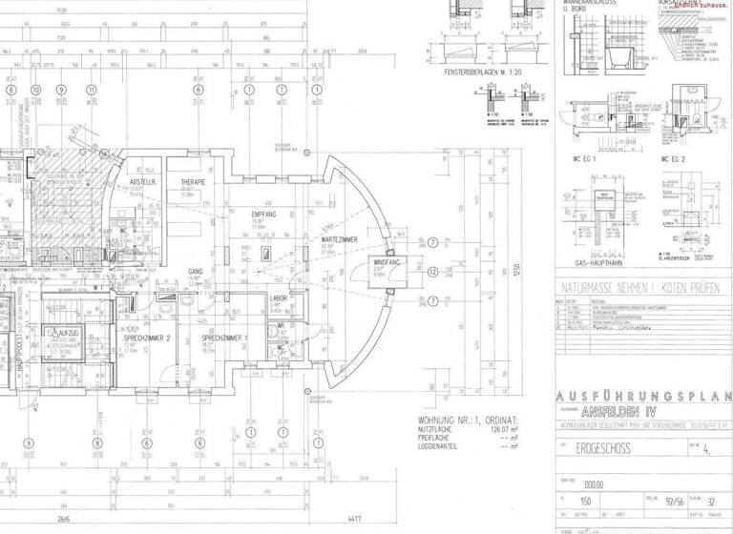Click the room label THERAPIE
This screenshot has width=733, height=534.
point(194,181)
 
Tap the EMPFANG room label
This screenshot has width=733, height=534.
point(264,215)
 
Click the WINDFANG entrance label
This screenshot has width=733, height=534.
point(385,261)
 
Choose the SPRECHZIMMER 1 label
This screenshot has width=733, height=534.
point(226,338)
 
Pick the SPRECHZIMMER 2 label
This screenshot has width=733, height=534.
point(147,338)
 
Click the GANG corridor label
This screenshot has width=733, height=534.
point(196,271)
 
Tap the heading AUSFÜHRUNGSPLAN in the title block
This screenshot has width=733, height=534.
point(641,396)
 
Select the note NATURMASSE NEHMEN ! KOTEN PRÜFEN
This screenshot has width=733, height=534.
point(641,285)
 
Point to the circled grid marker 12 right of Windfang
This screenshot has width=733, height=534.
point(433,272)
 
